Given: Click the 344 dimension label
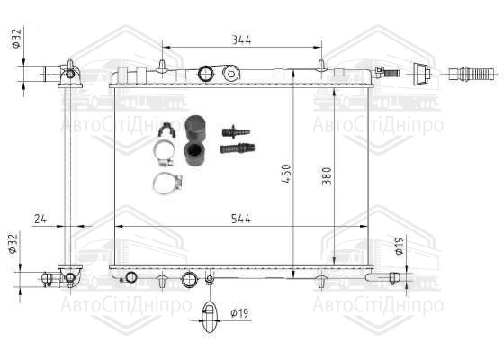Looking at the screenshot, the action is tap(241, 40).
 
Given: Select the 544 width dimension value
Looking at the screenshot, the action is tap(241, 219).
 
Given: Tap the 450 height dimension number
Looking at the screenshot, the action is tap(286, 174).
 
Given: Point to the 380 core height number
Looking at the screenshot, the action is tap(326, 176).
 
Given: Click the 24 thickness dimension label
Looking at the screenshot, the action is tap(40, 219).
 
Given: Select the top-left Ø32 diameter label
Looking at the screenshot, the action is tap(16, 39).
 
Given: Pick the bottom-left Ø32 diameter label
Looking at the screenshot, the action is tap(13, 244).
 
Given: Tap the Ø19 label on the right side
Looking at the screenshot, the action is tap(399, 247).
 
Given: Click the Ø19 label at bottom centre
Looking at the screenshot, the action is tap(239, 313).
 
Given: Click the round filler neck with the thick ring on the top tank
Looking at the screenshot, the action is tap(206, 74).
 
